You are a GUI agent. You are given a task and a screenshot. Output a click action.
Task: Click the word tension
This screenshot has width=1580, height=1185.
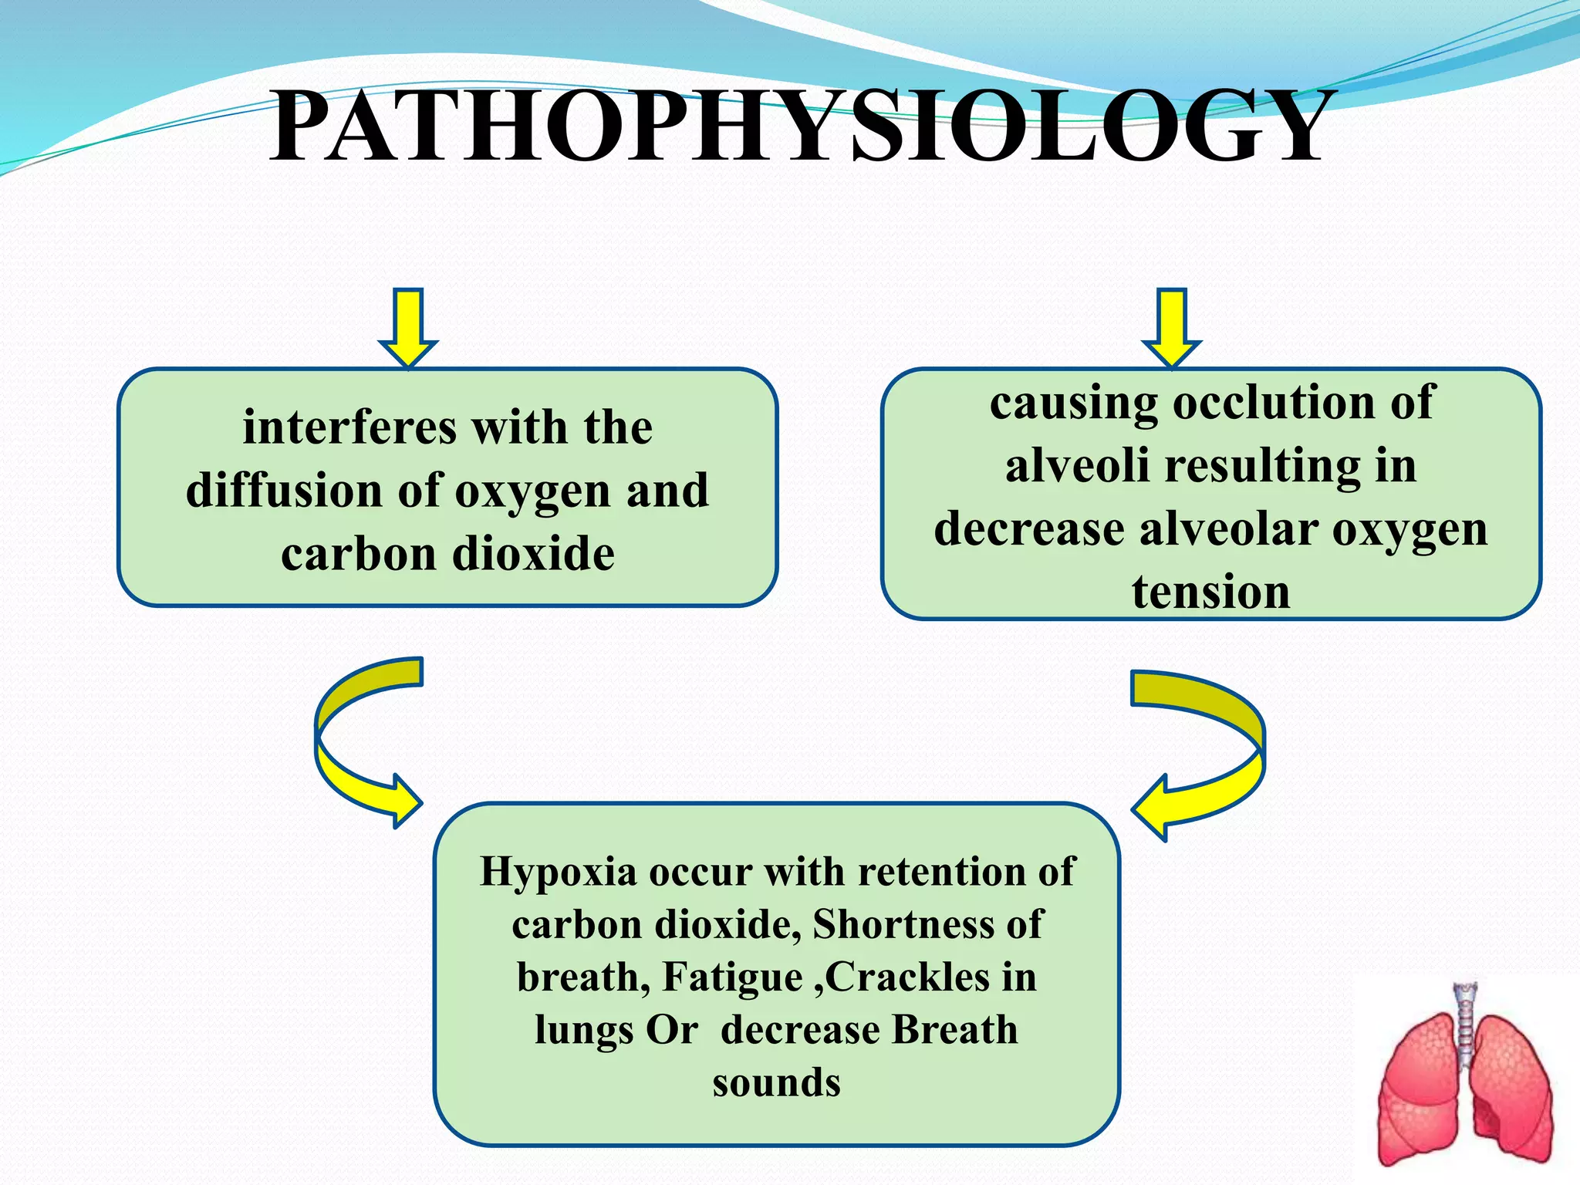click(1210, 592)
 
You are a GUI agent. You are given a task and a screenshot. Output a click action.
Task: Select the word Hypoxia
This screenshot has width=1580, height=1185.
click(558, 873)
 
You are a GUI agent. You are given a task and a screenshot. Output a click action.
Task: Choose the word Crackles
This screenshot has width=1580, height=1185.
click(906, 977)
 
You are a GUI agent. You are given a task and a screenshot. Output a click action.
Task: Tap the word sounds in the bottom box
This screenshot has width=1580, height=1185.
click(776, 1082)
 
